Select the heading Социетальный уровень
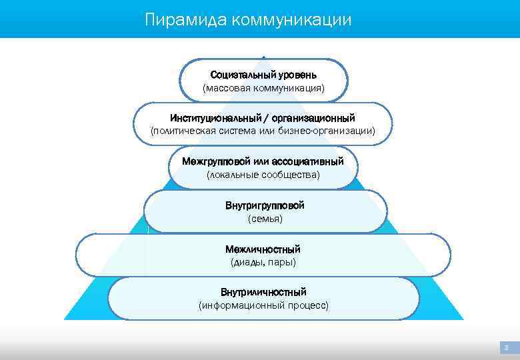click(263, 74)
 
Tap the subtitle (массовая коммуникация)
click(263, 88)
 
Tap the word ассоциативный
click(307, 161)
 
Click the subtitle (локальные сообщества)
click(263, 175)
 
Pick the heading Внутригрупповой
click(265, 205)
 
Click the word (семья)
click(265, 219)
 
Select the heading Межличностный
click(263, 249)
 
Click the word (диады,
click(247, 262)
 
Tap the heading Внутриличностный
click(263, 292)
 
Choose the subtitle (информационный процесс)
click(263, 305)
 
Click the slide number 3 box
click(506, 347)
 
